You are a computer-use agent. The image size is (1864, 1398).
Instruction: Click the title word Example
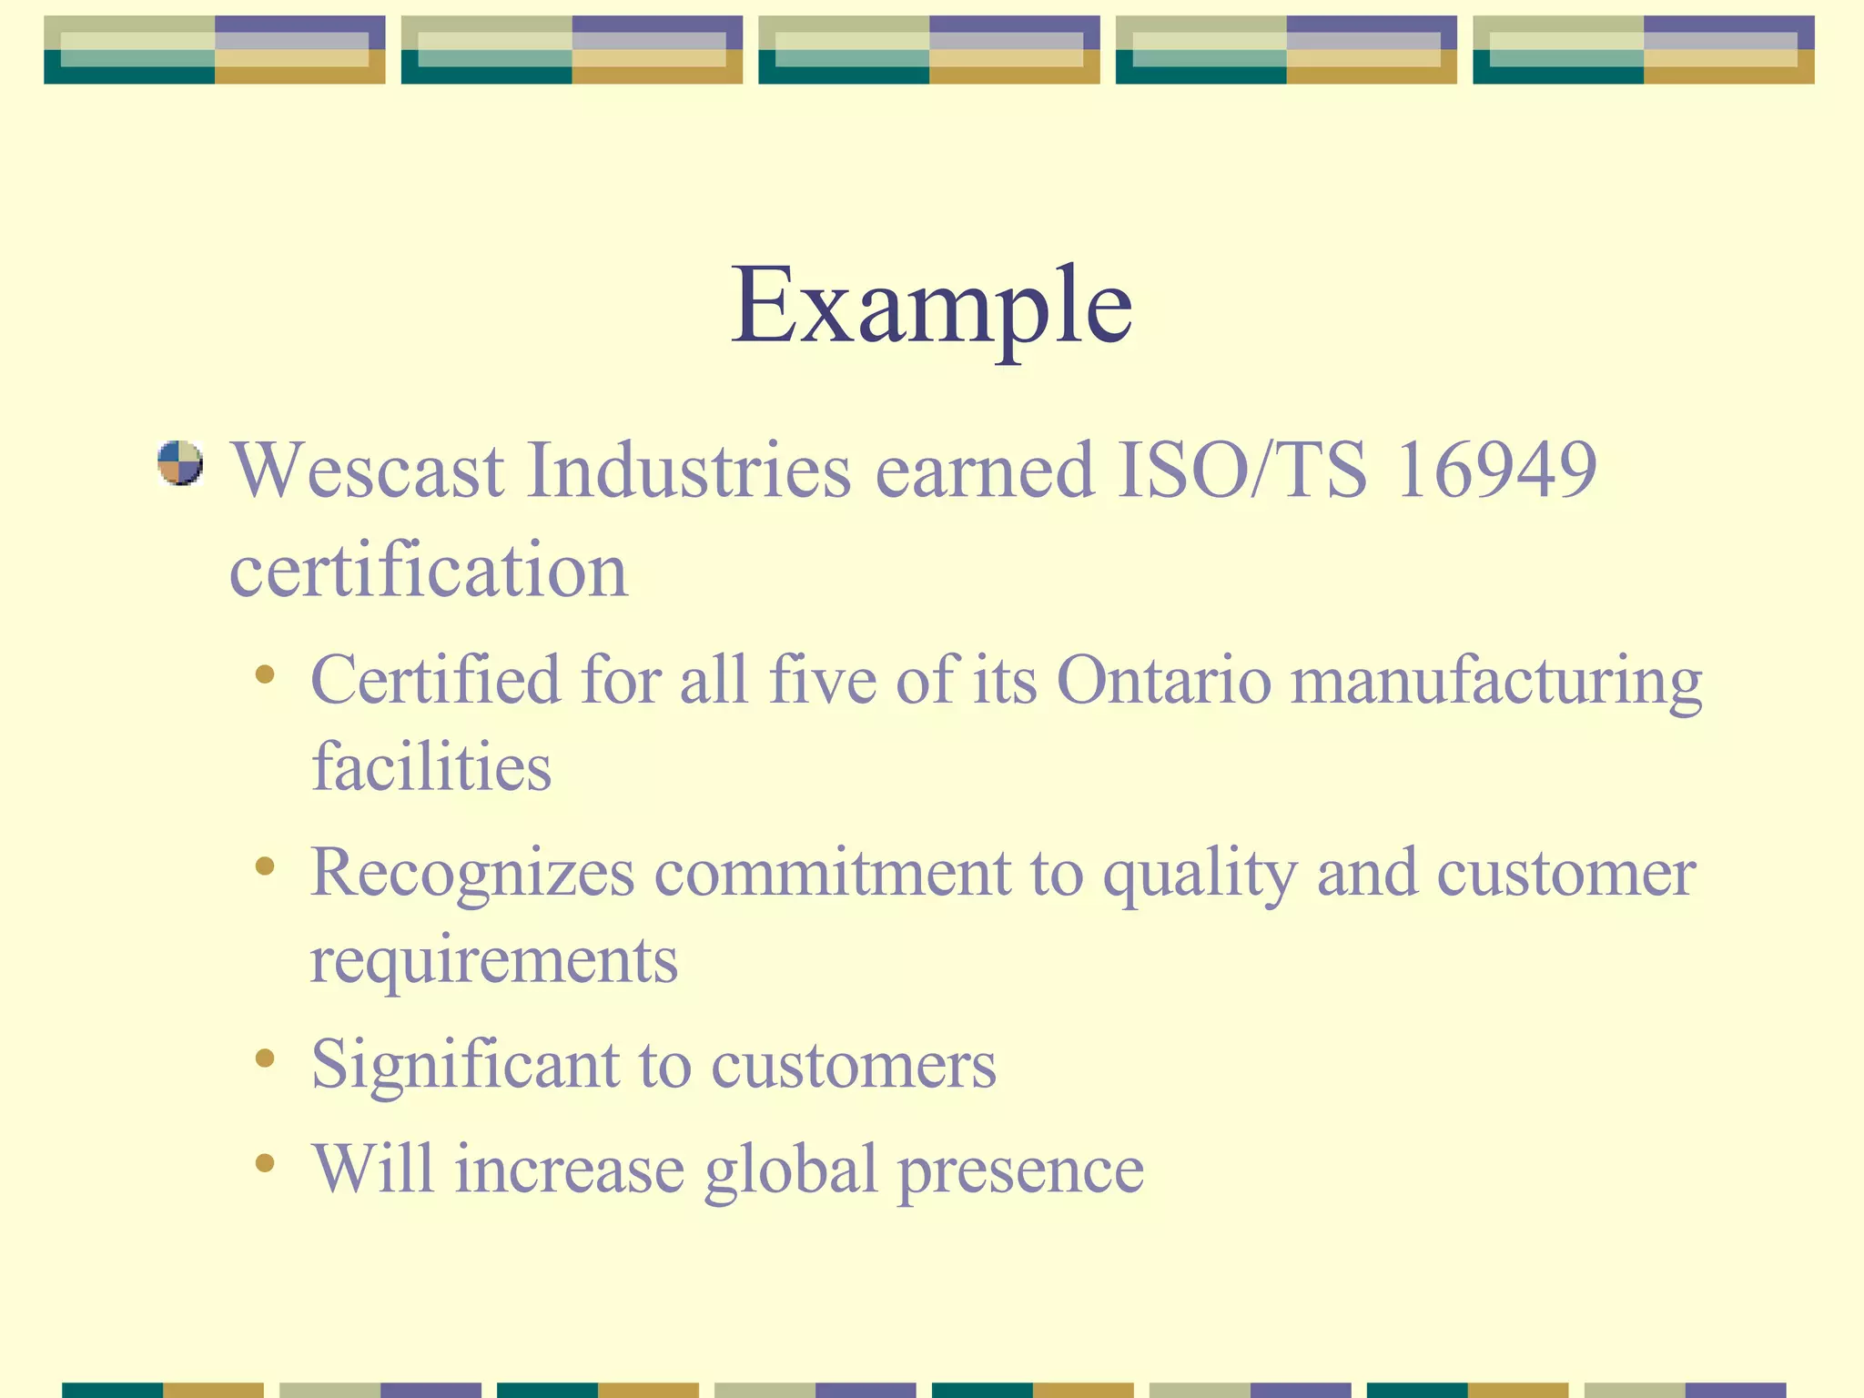click(x=931, y=305)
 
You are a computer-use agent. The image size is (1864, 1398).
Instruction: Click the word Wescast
click(x=367, y=471)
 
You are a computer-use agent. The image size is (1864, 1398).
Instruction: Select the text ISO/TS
click(x=1242, y=471)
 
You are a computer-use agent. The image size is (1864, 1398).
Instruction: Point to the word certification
click(x=428, y=571)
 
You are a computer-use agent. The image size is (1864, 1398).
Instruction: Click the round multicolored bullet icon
click(x=179, y=462)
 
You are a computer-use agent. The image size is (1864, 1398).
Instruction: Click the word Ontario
click(x=1162, y=680)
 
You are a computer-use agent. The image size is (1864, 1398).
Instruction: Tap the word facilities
click(x=431, y=766)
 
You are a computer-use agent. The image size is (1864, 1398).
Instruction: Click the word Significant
click(x=463, y=1065)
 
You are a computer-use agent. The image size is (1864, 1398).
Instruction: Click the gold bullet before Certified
click(x=265, y=674)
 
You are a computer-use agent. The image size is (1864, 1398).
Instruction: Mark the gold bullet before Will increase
click(x=265, y=1162)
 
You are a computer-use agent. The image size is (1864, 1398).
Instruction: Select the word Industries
click(x=689, y=471)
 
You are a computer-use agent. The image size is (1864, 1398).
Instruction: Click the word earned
click(x=984, y=471)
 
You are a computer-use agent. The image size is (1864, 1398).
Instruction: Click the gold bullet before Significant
click(x=265, y=1058)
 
